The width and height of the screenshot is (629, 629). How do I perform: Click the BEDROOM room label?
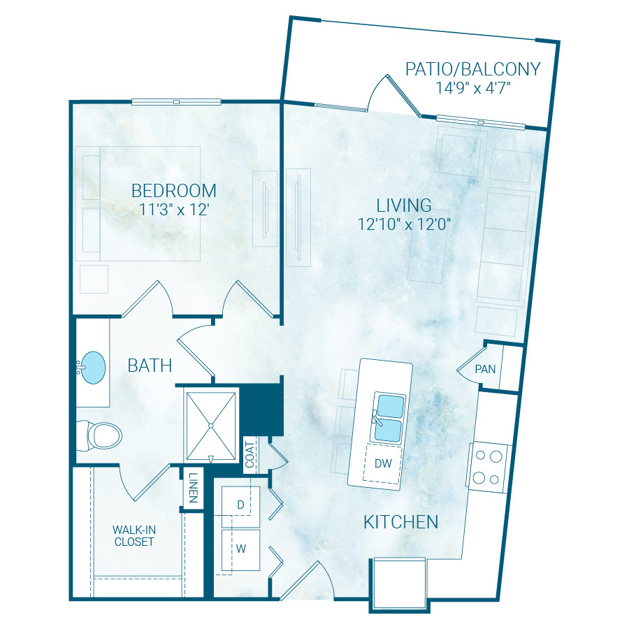point(174,190)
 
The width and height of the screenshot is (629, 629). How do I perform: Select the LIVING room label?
point(403,205)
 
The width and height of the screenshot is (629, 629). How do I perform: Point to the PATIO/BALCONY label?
point(473,69)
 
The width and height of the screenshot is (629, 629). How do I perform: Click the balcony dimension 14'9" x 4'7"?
point(473,89)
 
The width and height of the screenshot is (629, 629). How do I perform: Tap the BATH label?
point(150,365)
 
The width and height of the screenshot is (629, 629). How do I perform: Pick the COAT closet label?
point(250,453)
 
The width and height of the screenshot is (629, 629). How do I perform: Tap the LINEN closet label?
point(193,488)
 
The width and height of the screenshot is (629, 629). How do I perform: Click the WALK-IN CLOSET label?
point(133,535)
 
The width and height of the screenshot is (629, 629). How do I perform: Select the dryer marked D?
point(240,505)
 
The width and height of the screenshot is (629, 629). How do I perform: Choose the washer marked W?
point(240,549)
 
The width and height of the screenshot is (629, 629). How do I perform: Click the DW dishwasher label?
point(382,463)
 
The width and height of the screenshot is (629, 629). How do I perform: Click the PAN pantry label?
point(485,368)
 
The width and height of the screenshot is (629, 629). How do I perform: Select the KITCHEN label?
point(400,521)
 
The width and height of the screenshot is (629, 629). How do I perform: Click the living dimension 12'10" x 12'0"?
point(403,224)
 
